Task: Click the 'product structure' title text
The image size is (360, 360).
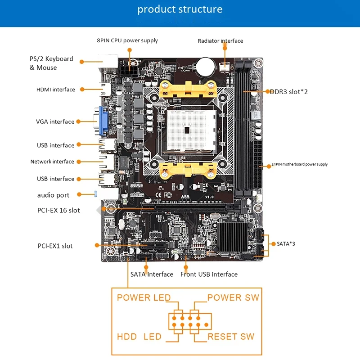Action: (x=180, y=9)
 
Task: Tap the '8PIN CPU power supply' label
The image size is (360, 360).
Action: (x=127, y=40)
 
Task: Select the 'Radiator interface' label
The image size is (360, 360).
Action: (x=220, y=41)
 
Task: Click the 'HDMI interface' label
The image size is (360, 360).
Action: (x=56, y=90)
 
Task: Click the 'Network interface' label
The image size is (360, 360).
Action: (x=52, y=162)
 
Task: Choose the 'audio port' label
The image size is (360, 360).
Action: (x=53, y=195)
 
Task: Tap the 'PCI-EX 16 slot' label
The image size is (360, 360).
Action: (x=58, y=210)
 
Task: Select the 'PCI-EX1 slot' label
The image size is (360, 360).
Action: (x=55, y=246)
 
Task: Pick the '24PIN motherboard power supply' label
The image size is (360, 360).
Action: (x=299, y=164)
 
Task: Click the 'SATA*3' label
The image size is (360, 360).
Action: (x=286, y=243)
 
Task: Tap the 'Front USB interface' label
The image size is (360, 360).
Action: (x=209, y=274)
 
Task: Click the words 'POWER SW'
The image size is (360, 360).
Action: (x=233, y=297)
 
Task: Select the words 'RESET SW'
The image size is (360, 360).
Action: (x=231, y=337)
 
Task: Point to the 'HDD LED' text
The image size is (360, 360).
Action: (x=139, y=337)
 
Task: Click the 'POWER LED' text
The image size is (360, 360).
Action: (x=144, y=297)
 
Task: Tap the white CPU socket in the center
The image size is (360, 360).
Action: (x=189, y=131)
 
